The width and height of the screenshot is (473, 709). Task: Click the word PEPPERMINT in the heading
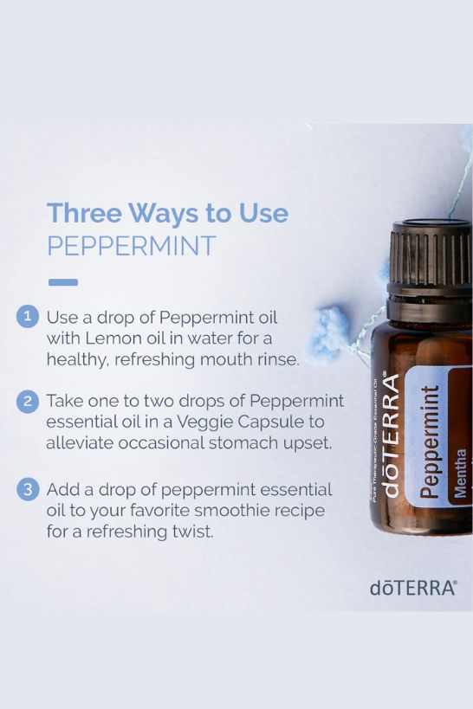click(x=132, y=246)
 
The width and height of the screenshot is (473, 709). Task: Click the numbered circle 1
click(x=28, y=317)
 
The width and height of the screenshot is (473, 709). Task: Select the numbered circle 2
click(x=28, y=402)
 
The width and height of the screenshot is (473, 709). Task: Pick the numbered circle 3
click(x=28, y=489)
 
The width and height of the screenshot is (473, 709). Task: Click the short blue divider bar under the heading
click(x=63, y=282)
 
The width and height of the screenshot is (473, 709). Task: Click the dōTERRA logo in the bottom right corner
click(x=412, y=588)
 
